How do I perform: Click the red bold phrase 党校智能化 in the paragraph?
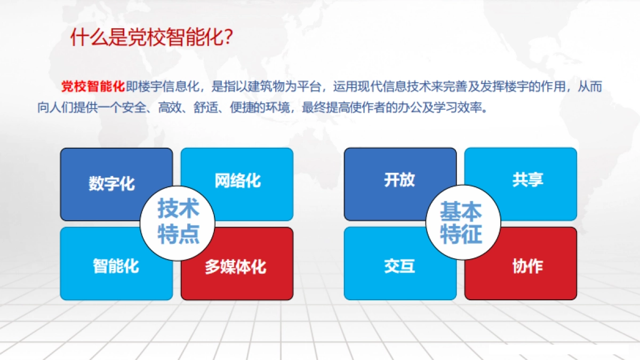coord(93,86)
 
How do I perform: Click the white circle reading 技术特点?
coord(178,222)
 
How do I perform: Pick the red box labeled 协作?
coord(533,275)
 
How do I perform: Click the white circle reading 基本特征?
coord(461,222)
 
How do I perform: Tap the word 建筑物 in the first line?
coord(273,86)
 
